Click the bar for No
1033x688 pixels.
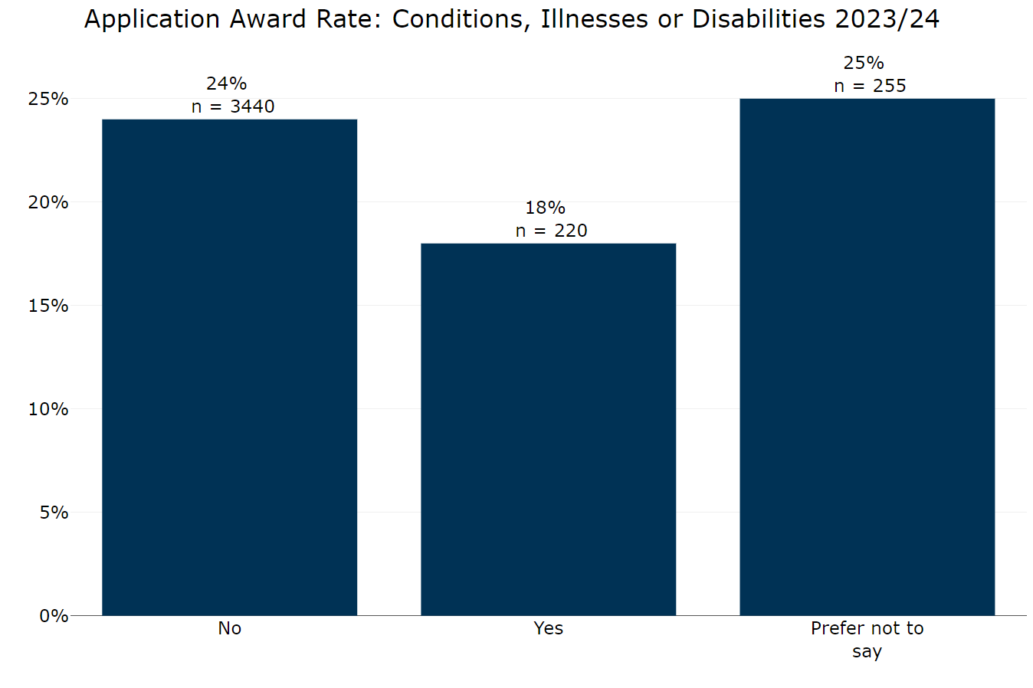[229, 367]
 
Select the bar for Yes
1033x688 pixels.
[548, 429]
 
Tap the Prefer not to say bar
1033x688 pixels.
[867, 356]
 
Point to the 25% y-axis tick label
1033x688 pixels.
[48, 99]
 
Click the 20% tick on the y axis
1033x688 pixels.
[48, 202]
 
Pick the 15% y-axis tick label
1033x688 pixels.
[48, 306]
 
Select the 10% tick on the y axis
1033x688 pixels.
[48, 409]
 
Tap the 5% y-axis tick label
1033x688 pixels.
[54, 513]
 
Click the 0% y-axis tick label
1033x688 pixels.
[54, 616]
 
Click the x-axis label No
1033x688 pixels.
[229, 628]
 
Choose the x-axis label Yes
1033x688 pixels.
[548, 628]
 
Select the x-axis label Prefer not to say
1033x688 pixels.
[867, 639]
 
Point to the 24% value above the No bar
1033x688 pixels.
[226, 84]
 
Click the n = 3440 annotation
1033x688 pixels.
[233, 106]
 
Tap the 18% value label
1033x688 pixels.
[545, 208]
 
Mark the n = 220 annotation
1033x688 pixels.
[551, 231]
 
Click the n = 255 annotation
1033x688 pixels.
[870, 86]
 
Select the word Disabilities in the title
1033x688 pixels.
[759, 19]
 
